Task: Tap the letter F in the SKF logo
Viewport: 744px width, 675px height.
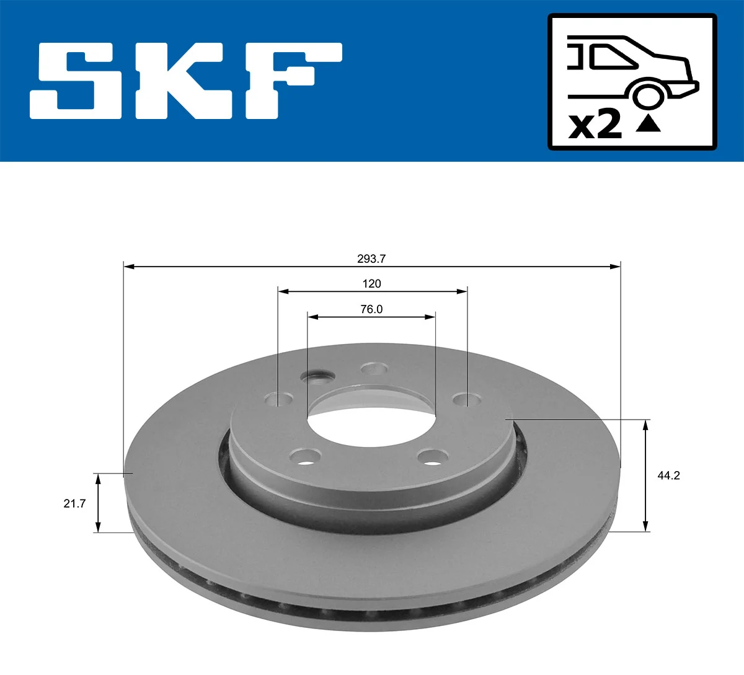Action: (x=291, y=81)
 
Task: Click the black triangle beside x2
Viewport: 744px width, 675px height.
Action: (x=649, y=124)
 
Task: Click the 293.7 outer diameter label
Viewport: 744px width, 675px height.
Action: (x=372, y=259)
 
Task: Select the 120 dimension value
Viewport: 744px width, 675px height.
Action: (x=372, y=284)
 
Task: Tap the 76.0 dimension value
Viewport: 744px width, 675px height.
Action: (x=372, y=309)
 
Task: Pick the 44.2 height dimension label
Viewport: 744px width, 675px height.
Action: (x=668, y=475)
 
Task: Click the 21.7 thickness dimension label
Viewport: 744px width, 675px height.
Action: (x=74, y=503)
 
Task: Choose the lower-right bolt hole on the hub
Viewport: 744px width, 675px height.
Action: (x=433, y=457)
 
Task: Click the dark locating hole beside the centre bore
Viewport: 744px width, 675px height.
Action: (x=317, y=376)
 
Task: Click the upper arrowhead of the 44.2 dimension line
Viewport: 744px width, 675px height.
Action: (x=646, y=424)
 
